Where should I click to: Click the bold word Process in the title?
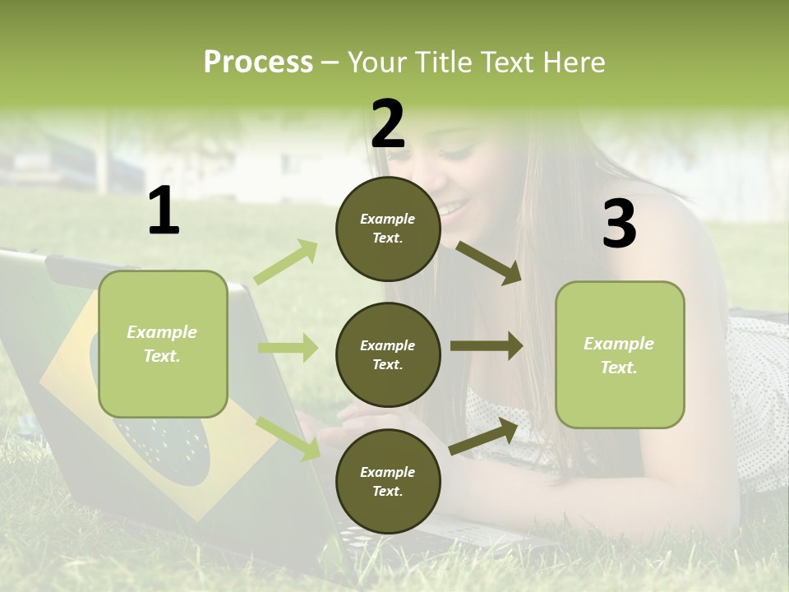pyautogui.click(x=258, y=62)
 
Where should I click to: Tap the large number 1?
pyautogui.click(x=164, y=210)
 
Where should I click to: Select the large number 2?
pyautogui.click(x=388, y=124)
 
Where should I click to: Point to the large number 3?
pyautogui.click(x=619, y=224)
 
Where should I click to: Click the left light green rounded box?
pyautogui.click(x=163, y=344)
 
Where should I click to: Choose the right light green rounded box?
pyautogui.click(x=620, y=354)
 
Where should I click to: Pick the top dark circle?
pyautogui.click(x=388, y=229)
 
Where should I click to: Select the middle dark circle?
pyautogui.click(x=388, y=354)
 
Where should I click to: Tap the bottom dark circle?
pyautogui.click(x=388, y=481)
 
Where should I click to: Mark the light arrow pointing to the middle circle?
pyautogui.click(x=288, y=348)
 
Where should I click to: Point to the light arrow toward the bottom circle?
pyautogui.click(x=288, y=437)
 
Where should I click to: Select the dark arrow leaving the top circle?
pyautogui.click(x=488, y=263)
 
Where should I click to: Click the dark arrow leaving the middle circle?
pyautogui.click(x=486, y=346)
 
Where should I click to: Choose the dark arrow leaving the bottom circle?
pyautogui.click(x=484, y=436)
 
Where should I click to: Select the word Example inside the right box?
pyautogui.click(x=619, y=344)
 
